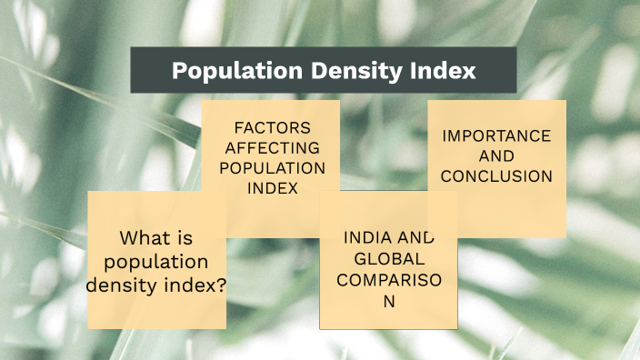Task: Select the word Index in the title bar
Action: click(x=447, y=71)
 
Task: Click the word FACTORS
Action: click(x=272, y=127)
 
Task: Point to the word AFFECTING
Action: click(x=272, y=147)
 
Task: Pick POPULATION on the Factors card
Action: click(x=272, y=167)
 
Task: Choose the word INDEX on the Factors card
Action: click(x=272, y=188)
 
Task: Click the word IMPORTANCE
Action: click(x=496, y=135)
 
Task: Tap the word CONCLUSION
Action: click(x=496, y=176)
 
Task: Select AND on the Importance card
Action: click(x=496, y=156)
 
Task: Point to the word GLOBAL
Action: click(x=388, y=258)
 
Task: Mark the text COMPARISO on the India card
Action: click(x=388, y=279)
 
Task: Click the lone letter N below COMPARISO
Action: click(x=388, y=301)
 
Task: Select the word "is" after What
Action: click(x=185, y=239)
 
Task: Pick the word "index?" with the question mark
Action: click(x=195, y=285)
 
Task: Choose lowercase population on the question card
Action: click(x=156, y=262)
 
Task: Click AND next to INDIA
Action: click(x=415, y=238)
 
